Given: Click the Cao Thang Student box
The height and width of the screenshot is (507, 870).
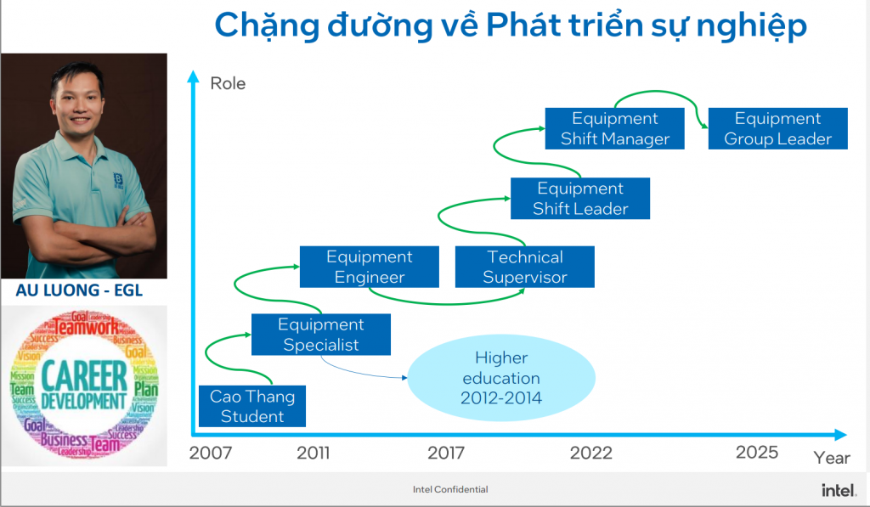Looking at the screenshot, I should point(251,406).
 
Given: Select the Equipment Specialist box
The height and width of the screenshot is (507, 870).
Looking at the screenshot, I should point(321,335).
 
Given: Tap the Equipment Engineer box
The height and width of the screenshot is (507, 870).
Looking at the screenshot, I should point(370,267).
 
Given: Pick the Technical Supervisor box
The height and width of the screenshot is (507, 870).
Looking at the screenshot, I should point(525,267).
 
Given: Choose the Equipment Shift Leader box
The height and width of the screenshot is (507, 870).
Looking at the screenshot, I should point(580,198).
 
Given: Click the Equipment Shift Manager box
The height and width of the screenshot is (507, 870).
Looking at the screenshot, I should point(615,128).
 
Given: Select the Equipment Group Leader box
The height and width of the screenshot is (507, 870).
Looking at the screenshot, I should point(777,128).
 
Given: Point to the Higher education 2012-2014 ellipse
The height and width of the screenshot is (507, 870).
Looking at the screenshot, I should point(501,378).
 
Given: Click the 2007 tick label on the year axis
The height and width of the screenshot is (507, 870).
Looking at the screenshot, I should point(210,453).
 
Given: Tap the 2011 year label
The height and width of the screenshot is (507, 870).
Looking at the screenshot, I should point(314,453).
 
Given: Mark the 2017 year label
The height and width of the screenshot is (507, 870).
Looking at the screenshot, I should point(446,453).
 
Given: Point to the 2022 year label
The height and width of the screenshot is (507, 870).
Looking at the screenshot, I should point(591,453).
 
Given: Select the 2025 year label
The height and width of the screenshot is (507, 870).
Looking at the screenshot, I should point(757,452).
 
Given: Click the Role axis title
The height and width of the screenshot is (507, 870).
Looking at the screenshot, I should point(228,83).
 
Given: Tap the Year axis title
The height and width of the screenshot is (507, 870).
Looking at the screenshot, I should point(832,458).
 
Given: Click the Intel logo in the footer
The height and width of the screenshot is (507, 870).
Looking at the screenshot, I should point(838,490).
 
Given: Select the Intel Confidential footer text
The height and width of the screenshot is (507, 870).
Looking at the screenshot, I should point(450,489).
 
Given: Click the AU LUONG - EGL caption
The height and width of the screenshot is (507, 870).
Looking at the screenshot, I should point(79,290).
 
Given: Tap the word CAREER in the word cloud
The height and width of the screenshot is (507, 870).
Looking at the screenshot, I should point(82,373).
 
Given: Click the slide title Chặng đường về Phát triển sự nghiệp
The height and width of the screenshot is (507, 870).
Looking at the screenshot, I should point(510,25).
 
